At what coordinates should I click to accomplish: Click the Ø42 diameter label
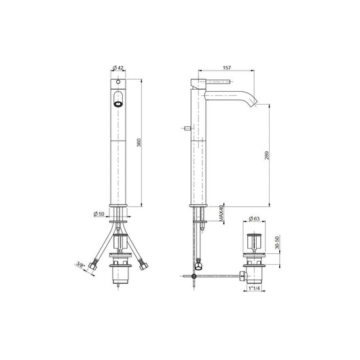[119, 69]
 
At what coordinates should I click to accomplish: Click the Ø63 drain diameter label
[255, 218]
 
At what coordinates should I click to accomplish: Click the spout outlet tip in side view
[257, 104]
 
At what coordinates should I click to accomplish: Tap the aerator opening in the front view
[119, 104]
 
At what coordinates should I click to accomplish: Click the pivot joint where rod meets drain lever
[196, 277]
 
